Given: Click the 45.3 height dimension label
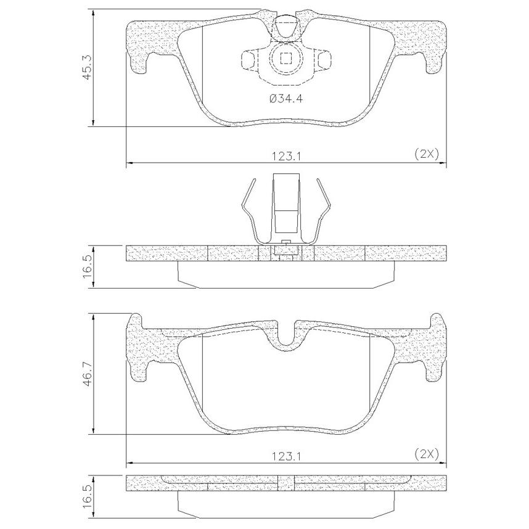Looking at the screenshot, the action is click(87, 68).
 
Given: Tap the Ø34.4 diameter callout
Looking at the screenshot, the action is click(286, 99).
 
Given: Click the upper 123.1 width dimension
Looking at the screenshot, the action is click(286, 156).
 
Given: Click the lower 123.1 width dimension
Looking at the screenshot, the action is click(286, 456).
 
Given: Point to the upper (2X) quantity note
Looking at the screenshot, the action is click(427, 154).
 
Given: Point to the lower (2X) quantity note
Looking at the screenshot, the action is click(427, 454).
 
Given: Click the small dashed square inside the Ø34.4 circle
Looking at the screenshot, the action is click(286, 59).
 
